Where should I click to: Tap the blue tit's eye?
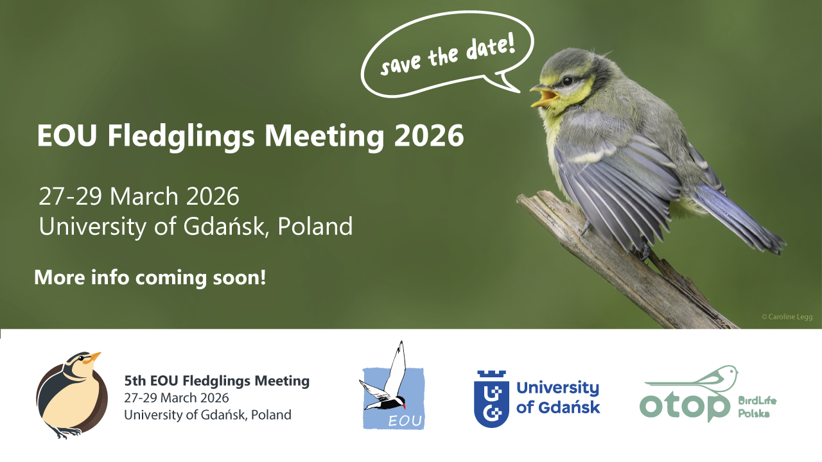click(x=567, y=81)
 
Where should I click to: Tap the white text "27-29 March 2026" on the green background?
click(x=139, y=196)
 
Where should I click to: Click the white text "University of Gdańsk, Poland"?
click(x=196, y=226)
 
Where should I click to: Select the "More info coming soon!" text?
click(x=150, y=278)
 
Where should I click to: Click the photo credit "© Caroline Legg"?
click(x=787, y=316)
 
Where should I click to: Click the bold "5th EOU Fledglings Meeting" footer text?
click(x=216, y=381)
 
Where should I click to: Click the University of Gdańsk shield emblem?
click(x=491, y=398)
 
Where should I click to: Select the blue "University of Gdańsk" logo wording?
click(x=557, y=397)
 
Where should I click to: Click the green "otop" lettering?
click(x=685, y=406)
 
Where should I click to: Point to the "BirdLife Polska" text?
click(x=757, y=407)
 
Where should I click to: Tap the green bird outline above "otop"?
click(x=700, y=380)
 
